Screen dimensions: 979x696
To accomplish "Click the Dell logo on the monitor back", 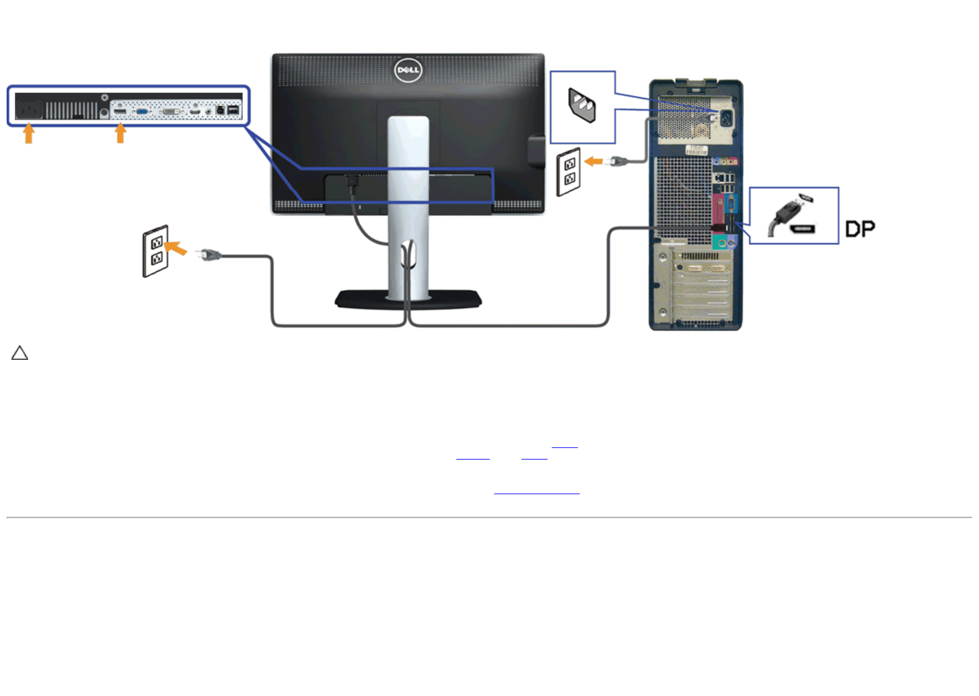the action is point(408,70).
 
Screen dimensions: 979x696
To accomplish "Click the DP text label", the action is point(860,229).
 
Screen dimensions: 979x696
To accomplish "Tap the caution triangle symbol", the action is point(20,353).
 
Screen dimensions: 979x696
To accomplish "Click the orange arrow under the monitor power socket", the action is point(29,133).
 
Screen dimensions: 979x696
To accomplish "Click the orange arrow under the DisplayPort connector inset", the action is point(120,133).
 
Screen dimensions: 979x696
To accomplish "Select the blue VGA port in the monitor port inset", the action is point(142,111).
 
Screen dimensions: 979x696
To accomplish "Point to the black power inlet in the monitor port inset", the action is point(29,109).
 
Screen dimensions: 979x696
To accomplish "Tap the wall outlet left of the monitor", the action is point(156,251).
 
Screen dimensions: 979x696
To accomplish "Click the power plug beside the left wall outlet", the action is point(210,255).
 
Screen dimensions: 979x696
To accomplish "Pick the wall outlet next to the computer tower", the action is point(569,171).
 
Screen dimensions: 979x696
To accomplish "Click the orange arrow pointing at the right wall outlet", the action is point(593,162).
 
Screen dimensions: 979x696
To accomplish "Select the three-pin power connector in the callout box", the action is point(582,106).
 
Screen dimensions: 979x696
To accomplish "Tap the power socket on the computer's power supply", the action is point(725,117).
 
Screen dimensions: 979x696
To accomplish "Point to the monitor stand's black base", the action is point(408,300).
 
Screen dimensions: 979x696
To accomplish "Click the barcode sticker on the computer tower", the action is point(696,150).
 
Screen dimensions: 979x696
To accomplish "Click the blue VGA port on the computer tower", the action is point(730,203).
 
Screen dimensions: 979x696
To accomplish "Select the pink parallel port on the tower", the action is point(717,210).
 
